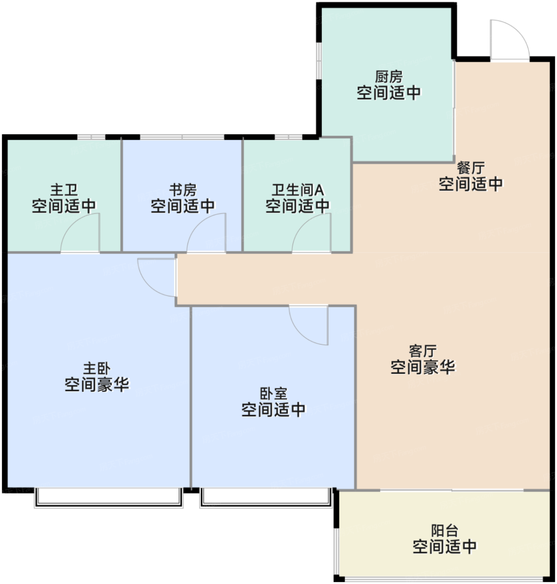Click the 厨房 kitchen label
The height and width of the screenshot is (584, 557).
pyautogui.click(x=389, y=77)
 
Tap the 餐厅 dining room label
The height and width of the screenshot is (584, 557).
pyautogui.click(x=471, y=168)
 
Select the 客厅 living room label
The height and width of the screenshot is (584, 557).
pyautogui.click(x=423, y=351)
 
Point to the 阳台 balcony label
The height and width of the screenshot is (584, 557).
pyautogui.click(x=444, y=531)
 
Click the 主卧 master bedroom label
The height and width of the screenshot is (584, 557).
pyautogui.click(x=97, y=369)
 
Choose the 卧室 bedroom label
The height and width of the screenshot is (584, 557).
pyautogui.click(x=273, y=394)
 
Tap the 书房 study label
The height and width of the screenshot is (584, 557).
pyautogui.click(x=183, y=190)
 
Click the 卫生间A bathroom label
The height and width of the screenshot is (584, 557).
pyautogui.click(x=298, y=190)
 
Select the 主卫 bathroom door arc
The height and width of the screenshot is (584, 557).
pyautogui.click(x=72, y=224)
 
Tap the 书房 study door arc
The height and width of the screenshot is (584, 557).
pyautogui.click(x=198, y=224)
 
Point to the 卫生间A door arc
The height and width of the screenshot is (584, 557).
pyautogui.click(x=303, y=224)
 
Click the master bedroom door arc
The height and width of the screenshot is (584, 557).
pyautogui.click(x=148, y=285)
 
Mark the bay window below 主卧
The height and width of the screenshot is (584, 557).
pyautogui.click(x=108, y=498)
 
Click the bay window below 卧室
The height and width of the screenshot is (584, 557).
pyautogui.click(x=266, y=498)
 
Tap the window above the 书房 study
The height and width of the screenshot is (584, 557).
pyautogui.click(x=182, y=137)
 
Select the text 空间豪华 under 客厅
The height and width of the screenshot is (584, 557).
pyautogui.click(x=423, y=367)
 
